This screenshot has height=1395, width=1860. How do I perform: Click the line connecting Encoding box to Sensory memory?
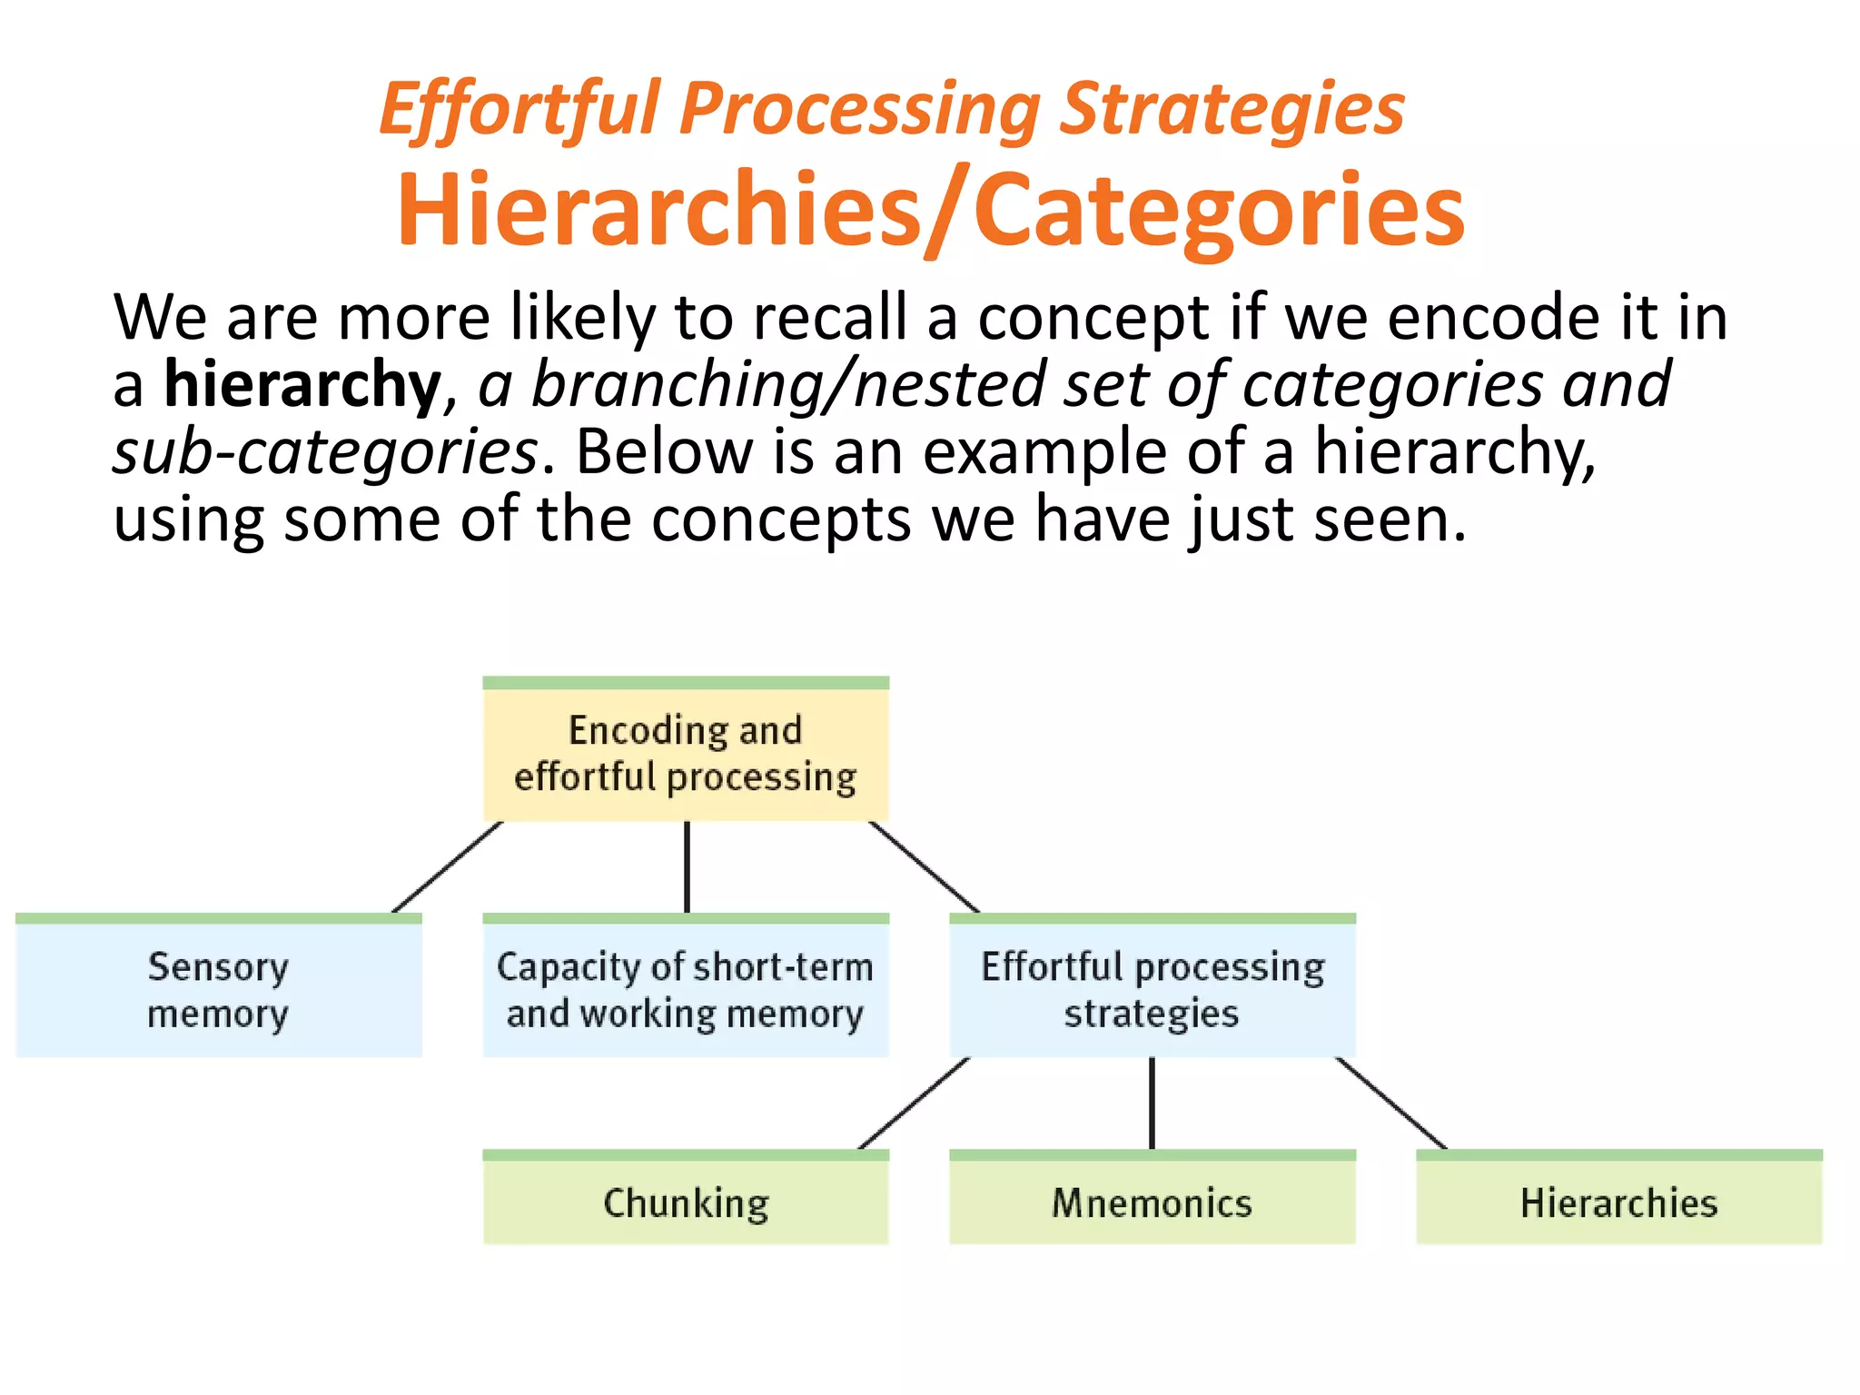point(447,867)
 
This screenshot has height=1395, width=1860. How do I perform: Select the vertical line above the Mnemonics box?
point(1152,1103)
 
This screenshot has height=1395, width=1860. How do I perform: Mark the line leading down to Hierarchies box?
point(1391,1103)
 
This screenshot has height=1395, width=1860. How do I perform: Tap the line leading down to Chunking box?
point(914,1103)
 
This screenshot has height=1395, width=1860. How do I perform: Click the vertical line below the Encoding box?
point(687,867)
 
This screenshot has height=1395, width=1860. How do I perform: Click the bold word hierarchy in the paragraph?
point(302,385)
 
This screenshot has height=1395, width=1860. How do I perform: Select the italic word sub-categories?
point(325,452)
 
